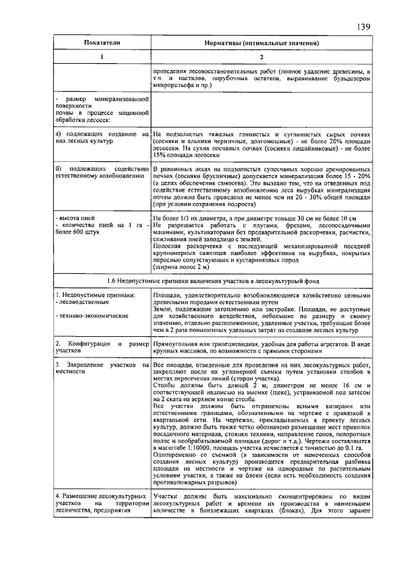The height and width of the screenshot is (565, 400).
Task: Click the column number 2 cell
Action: pos(262,57)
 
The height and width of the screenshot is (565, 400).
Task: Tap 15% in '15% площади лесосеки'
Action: pos(160,155)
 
